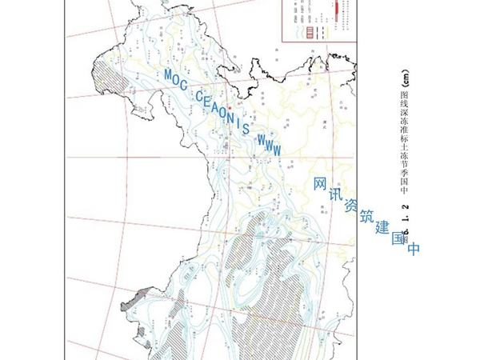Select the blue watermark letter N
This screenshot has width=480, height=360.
231,115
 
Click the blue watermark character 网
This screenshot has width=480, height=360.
320,184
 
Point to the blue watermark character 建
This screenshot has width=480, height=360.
382,226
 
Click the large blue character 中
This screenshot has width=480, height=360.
414,249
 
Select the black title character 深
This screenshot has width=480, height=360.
404,115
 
